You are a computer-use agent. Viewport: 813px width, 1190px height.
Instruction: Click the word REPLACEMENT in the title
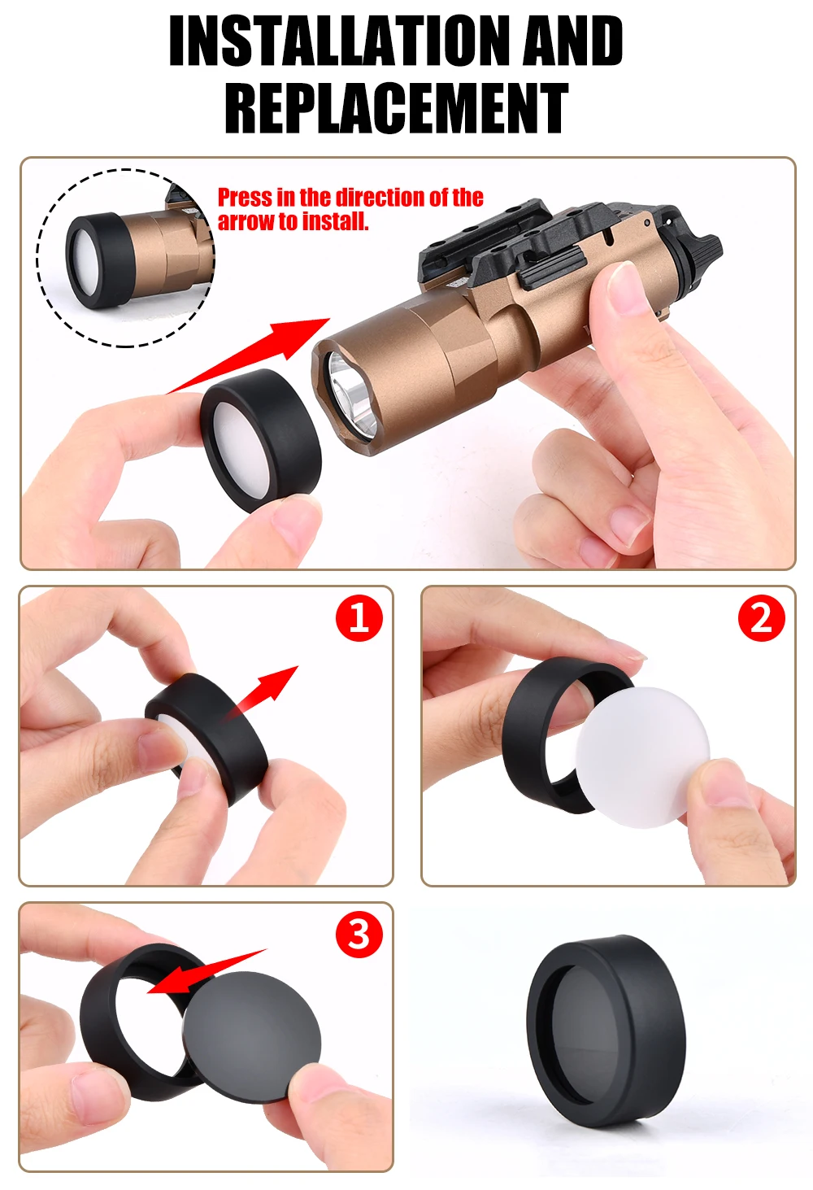pyautogui.click(x=396, y=107)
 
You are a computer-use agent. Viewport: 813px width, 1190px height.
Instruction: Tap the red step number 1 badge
pyautogui.click(x=359, y=618)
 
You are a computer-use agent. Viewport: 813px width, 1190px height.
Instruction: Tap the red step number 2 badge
pyautogui.click(x=762, y=618)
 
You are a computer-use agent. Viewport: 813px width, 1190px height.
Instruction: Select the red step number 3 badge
pyautogui.click(x=359, y=934)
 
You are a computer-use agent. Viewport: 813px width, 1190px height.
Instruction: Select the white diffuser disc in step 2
pyautogui.click(x=642, y=751)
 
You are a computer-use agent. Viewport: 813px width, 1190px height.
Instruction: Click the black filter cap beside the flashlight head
pyautogui.click(x=261, y=440)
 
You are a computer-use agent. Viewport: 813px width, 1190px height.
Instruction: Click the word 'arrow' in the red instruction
pyautogui.click(x=242, y=221)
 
